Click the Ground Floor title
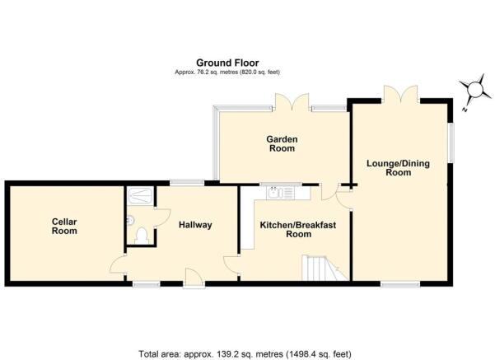tap(227, 63)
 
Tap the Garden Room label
tap(282, 143)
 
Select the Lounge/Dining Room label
tap(398, 168)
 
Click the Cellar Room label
tap(64, 226)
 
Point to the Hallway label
tap(195, 225)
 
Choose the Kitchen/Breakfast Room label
tap(298, 230)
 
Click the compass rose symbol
tap(474, 89)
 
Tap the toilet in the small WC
tap(142, 236)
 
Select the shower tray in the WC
tap(141, 196)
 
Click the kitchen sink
tap(274, 192)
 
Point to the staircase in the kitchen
tap(325, 268)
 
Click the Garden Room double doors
tap(292, 101)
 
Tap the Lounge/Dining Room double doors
tap(400, 94)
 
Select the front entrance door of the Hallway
tap(194, 278)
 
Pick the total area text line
tap(245, 353)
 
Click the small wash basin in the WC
tap(130, 220)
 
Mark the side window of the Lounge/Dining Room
tap(451, 143)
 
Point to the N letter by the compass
tap(465, 110)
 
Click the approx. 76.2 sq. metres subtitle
tap(227, 72)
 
